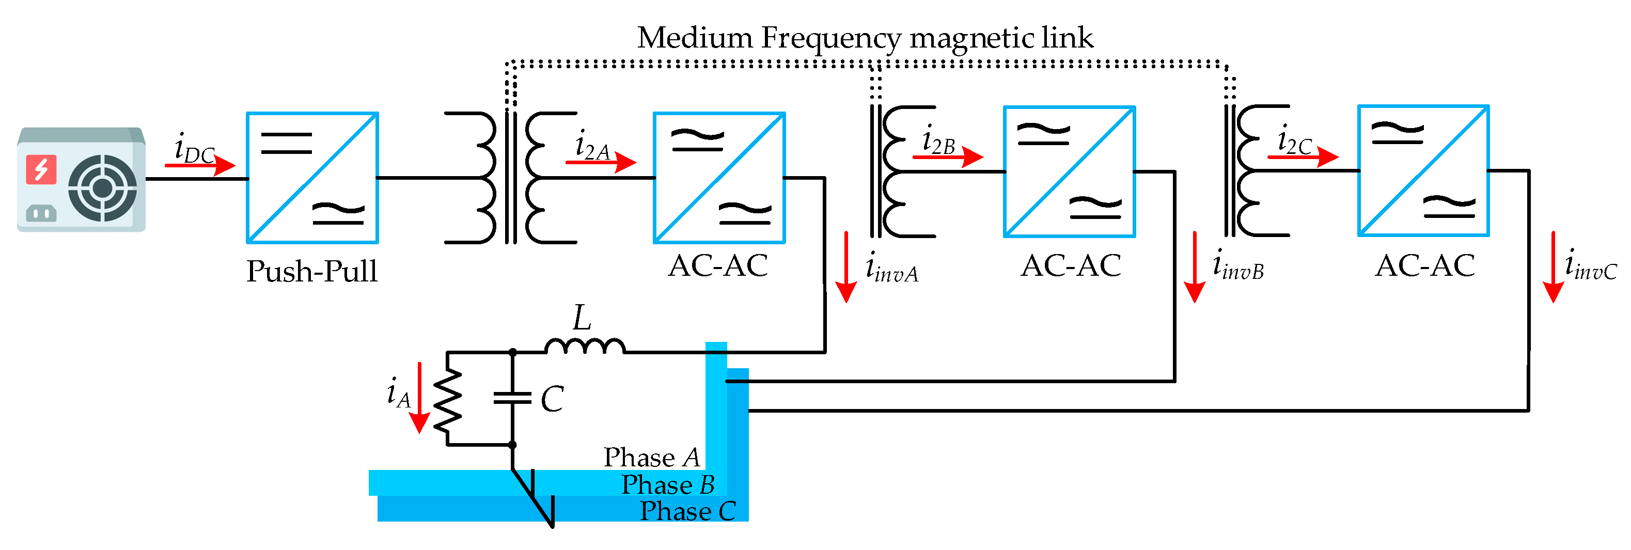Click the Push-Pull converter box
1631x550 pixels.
click(x=312, y=178)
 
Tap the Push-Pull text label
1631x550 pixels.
click(x=311, y=272)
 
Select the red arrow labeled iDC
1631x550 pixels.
click(x=200, y=166)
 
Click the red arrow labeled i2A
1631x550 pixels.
click(x=600, y=162)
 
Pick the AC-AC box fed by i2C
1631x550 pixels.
click(x=1423, y=171)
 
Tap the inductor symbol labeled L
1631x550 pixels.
click(x=585, y=345)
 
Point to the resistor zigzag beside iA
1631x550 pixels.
click(x=448, y=399)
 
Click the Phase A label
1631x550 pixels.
click(x=651, y=458)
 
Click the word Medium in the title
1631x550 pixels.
click(x=694, y=38)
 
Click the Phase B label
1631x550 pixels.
click(x=668, y=485)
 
